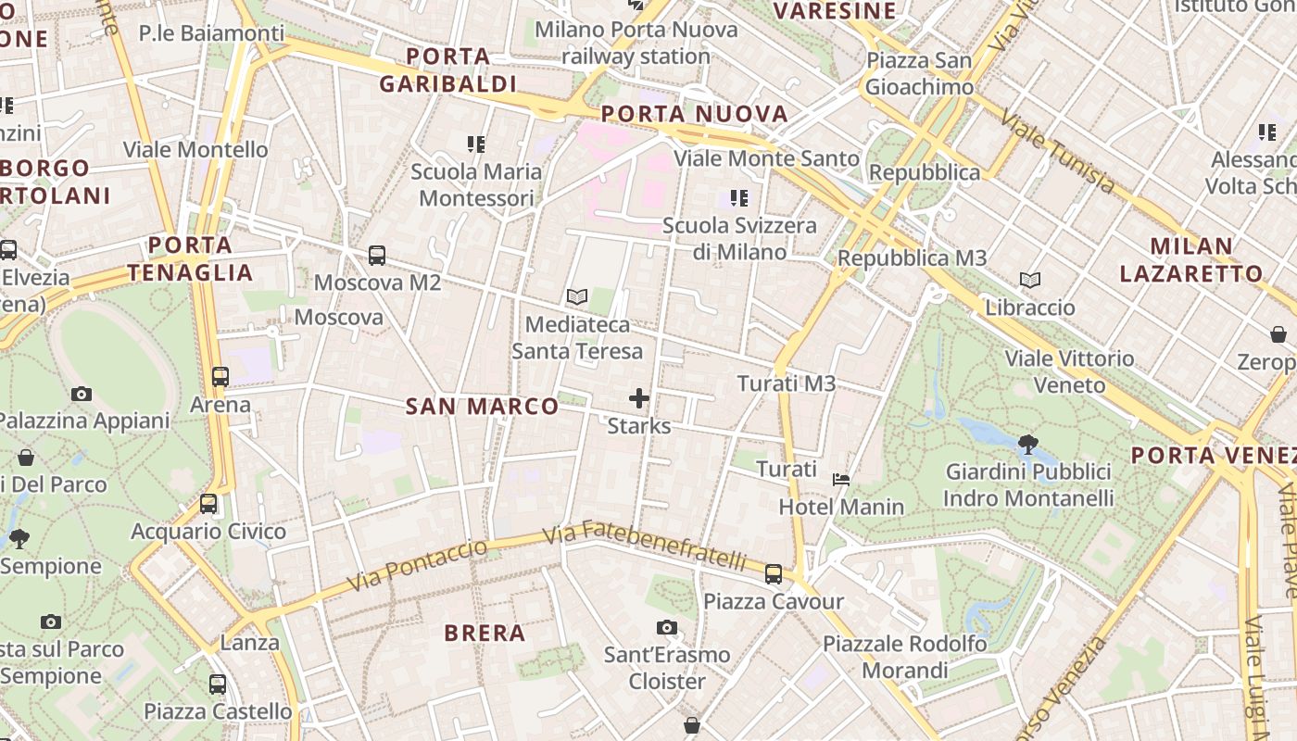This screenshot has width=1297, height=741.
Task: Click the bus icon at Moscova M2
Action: point(377,256)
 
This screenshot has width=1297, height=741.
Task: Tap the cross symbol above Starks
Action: point(639,399)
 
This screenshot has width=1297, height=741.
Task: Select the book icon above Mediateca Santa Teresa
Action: point(577,297)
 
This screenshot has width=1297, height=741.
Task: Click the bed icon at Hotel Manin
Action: point(841,480)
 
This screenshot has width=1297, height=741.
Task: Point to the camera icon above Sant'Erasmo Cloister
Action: point(667,628)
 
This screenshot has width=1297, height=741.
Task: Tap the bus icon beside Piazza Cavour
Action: point(774,574)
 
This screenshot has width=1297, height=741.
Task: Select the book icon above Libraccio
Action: point(1030,280)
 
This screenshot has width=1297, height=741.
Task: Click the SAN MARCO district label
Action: point(483,407)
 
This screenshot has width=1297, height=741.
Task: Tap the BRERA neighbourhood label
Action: point(485,634)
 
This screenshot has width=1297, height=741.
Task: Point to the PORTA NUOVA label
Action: point(695,115)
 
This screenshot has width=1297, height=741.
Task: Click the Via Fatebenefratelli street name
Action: point(645,548)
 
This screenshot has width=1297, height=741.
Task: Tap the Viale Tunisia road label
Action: point(1057,151)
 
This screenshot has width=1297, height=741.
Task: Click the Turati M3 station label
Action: point(787,383)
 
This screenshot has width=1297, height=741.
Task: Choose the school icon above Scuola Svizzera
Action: point(738,197)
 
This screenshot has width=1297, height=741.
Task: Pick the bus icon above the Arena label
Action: point(220,377)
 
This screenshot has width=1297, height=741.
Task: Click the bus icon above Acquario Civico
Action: point(208,504)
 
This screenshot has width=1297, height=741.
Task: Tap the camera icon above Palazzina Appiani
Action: point(82,394)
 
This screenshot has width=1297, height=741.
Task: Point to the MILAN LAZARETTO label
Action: point(1190,260)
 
